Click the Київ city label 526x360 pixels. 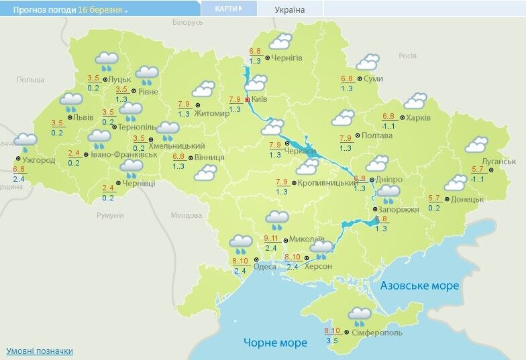point(259,99)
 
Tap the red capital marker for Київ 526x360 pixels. point(247,99)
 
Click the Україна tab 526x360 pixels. point(290,9)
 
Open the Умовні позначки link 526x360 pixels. point(40,351)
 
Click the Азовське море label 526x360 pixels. point(419,286)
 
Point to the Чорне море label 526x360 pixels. point(275,343)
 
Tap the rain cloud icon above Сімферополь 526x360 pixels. point(360,314)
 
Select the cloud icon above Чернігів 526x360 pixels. point(280,42)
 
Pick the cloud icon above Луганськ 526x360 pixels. point(476,144)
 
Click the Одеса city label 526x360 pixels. point(265,266)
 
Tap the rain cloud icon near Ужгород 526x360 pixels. point(25,142)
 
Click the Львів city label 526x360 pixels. point(83,117)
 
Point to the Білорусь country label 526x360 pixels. point(187,22)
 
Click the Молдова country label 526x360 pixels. point(186,215)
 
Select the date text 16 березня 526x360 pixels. point(100,10)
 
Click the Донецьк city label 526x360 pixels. point(467,199)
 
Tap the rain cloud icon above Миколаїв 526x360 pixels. point(276,219)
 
